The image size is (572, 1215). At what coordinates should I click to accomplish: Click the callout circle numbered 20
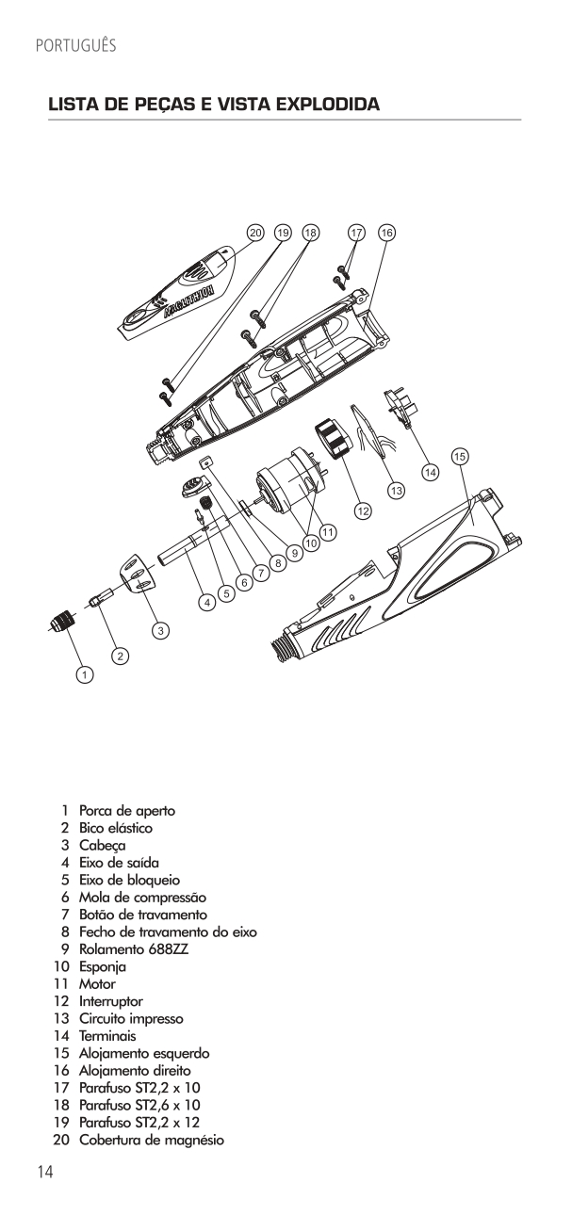(x=253, y=232)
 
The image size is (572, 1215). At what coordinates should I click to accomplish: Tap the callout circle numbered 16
(x=386, y=232)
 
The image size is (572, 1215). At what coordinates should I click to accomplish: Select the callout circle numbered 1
(x=86, y=674)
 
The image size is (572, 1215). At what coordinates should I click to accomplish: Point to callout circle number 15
(x=459, y=456)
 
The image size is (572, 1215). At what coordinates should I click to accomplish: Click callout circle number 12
(x=363, y=510)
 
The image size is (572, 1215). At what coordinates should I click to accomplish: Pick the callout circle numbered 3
(x=161, y=629)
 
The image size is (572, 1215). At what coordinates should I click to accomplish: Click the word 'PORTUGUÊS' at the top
(x=74, y=45)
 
